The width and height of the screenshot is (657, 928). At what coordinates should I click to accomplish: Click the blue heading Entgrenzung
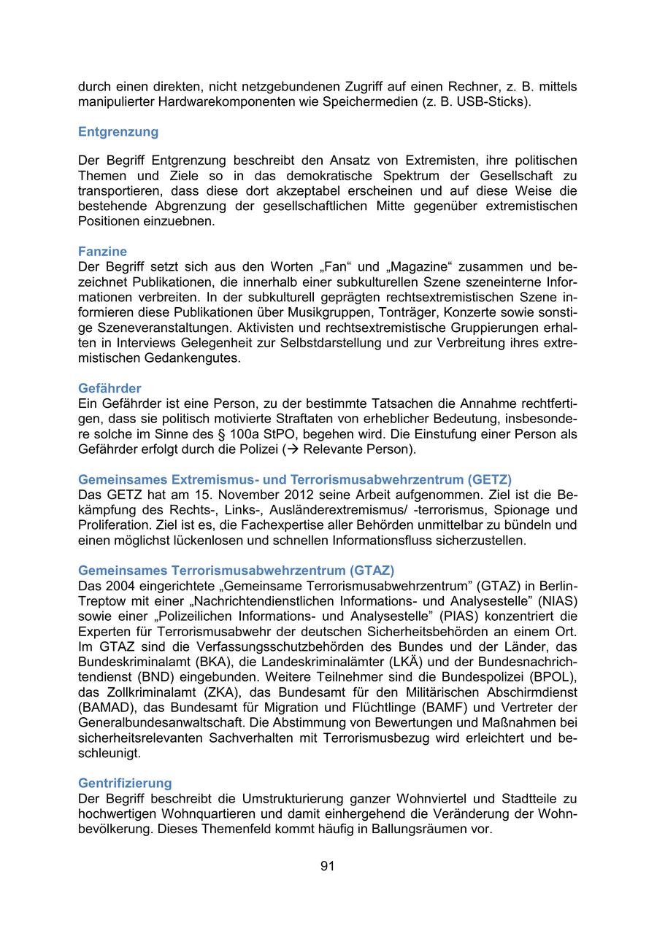[x=118, y=132]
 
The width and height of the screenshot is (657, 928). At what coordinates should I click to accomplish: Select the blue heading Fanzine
[x=102, y=252]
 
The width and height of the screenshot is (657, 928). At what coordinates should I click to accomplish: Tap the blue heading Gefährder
[x=109, y=388]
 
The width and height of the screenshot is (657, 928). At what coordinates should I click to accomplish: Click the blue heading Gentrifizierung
[x=125, y=783]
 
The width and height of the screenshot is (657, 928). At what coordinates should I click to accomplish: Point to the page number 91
[x=327, y=866]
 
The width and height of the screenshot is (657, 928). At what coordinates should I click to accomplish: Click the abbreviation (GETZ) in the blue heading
[x=488, y=479]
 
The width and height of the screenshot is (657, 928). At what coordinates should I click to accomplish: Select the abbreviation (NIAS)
[x=554, y=601]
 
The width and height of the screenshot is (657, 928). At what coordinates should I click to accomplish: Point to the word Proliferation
[x=113, y=525]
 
